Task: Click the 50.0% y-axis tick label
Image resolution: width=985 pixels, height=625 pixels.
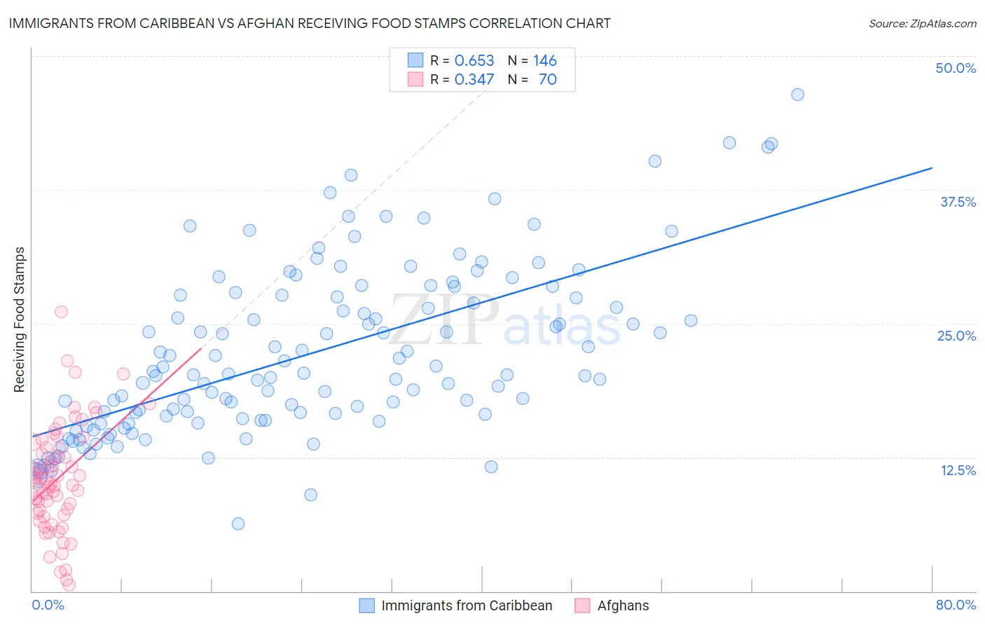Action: (x=956, y=68)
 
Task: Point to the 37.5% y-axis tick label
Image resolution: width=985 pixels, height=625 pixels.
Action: (x=958, y=202)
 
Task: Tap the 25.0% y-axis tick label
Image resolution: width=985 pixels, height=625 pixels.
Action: (x=956, y=336)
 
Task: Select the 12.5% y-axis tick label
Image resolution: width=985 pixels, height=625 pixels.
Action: (x=958, y=470)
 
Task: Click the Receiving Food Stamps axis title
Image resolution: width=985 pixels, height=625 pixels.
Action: (x=19, y=320)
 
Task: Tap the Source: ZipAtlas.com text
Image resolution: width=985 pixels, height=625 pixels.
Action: (x=922, y=23)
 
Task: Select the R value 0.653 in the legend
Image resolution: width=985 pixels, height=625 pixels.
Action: (x=474, y=60)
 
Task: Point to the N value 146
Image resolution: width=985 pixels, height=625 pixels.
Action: (x=544, y=60)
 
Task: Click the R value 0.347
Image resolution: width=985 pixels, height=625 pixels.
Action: (x=474, y=79)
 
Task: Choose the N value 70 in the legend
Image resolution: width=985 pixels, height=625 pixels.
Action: (x=547, y=79)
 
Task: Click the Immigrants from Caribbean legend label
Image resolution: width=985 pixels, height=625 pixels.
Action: (x=467, y=605)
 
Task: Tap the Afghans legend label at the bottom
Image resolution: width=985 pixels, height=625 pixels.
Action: (x=623, y=605)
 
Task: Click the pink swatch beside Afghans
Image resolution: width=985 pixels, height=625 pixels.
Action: (x=581, y=605)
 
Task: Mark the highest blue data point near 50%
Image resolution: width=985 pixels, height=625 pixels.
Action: (x=797, y=95)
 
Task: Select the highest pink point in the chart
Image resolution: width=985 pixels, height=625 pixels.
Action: (x=61, y=312)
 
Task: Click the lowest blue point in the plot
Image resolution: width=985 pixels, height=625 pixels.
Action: (x=238, y=523)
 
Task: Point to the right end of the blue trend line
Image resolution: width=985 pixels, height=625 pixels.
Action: (x=932, y=168)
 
